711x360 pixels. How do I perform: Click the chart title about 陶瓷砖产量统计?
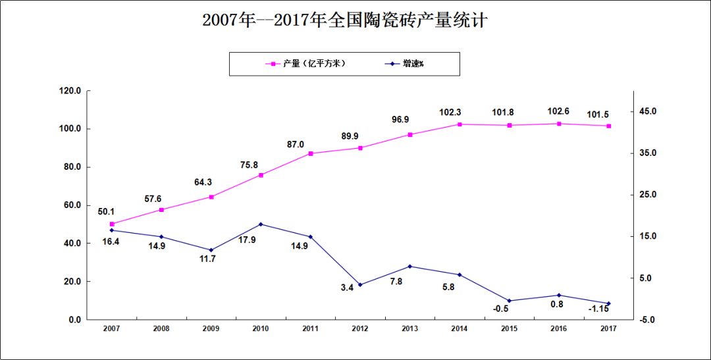344,20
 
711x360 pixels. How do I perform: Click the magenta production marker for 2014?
460,124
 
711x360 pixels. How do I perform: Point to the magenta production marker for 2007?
112,224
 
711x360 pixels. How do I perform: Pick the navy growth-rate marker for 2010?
261,224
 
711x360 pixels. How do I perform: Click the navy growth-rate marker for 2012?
360,285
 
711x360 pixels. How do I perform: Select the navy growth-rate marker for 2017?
609,303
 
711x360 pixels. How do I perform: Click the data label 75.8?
261,165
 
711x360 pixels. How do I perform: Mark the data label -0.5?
502,309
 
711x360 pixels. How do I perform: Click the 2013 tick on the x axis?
409,328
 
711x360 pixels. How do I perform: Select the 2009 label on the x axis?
211,328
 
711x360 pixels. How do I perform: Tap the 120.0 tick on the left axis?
70,91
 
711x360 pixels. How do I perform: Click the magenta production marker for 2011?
311,153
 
